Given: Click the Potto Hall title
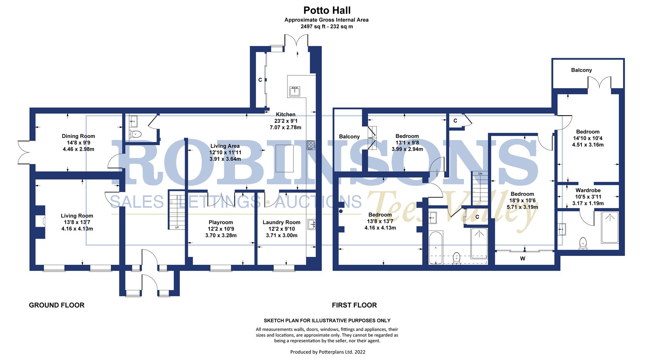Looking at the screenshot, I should [327, 10].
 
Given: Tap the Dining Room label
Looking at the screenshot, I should [78, 136].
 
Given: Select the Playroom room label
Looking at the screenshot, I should [220, 222].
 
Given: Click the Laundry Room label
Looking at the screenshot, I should [281, 222].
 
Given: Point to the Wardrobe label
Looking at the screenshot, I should [588, 191].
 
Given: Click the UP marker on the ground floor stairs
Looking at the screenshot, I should [177, 227].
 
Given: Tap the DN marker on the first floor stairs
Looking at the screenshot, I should [480, 174].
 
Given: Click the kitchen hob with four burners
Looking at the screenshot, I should [311, 145].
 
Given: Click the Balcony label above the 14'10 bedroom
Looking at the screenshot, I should [581, 70].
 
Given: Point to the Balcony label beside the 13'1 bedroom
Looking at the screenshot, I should [349, 137].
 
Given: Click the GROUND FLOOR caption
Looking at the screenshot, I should [56, 305].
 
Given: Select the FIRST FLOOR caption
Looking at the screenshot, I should [354, 305].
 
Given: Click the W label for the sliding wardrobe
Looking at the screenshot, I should [523, 259].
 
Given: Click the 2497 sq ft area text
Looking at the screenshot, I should [326, 26].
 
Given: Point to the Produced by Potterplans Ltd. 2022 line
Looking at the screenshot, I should [328, 352].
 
